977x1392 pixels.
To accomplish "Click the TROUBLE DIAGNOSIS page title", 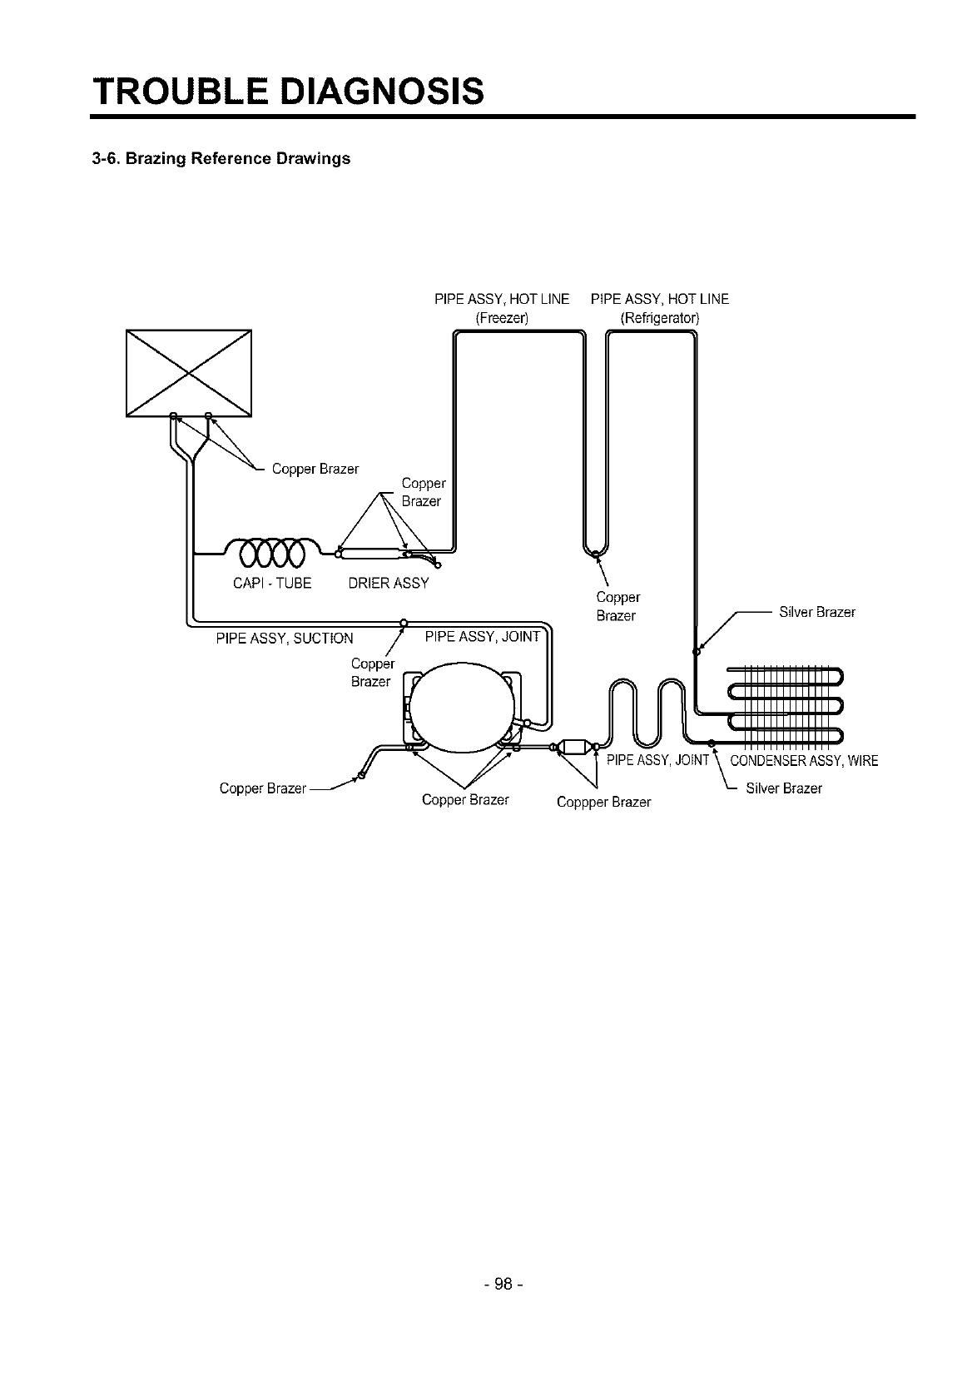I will pyautogui.click(x=287, y=90).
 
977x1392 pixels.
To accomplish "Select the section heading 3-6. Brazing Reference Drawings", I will pyautogui.click(x=221, y=158).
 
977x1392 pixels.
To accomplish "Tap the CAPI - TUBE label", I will pyautogui.click(x=272, y=584).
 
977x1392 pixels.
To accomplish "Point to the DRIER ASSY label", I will pyautogui.click(x=389, y=584).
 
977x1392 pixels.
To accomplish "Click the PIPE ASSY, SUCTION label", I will pyautogui.click(x=285, y=639).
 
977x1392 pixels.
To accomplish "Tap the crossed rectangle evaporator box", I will pyautogui.click(x=188, y=372).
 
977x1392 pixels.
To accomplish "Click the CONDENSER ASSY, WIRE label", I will pyautogui.click(x=803, y=761).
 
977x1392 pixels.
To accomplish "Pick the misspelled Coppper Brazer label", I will pyautogui.click(x=603, y=803).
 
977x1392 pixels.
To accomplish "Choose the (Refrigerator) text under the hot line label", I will pyautogui.click(x=660, y=318).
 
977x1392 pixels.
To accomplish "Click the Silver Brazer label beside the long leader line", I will pyautogui.click(x=816, y=613).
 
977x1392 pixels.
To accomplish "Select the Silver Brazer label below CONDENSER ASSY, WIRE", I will pyautogui.click(x=783, y=788).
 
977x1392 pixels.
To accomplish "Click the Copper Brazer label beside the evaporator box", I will pyautogui.click(x=315, y=470).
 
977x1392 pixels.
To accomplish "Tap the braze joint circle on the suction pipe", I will pyautogui.click(x=404, y=622).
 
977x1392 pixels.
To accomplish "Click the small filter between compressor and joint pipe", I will pyautogui.click(x=574, y=748).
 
